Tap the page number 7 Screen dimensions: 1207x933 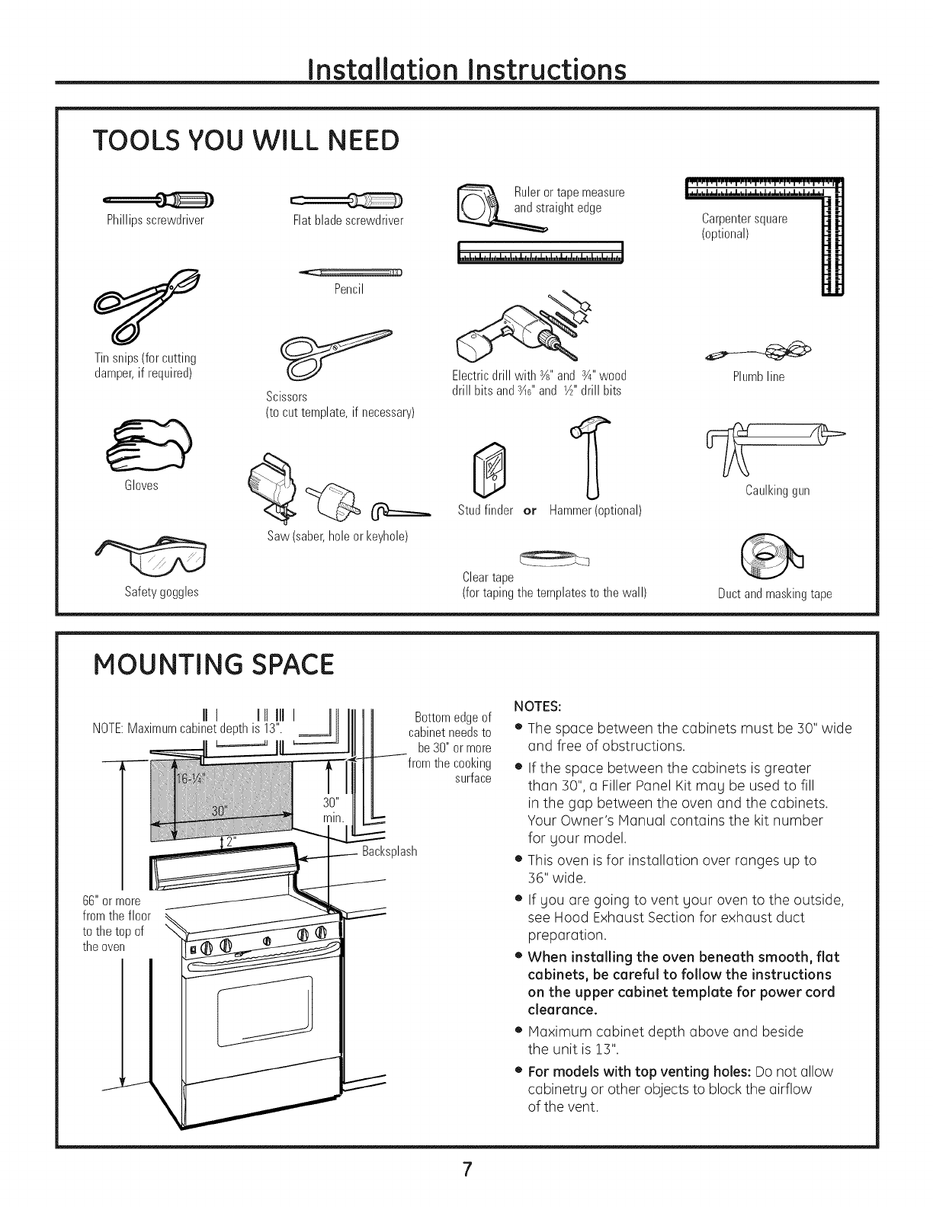click(466, 1170)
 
